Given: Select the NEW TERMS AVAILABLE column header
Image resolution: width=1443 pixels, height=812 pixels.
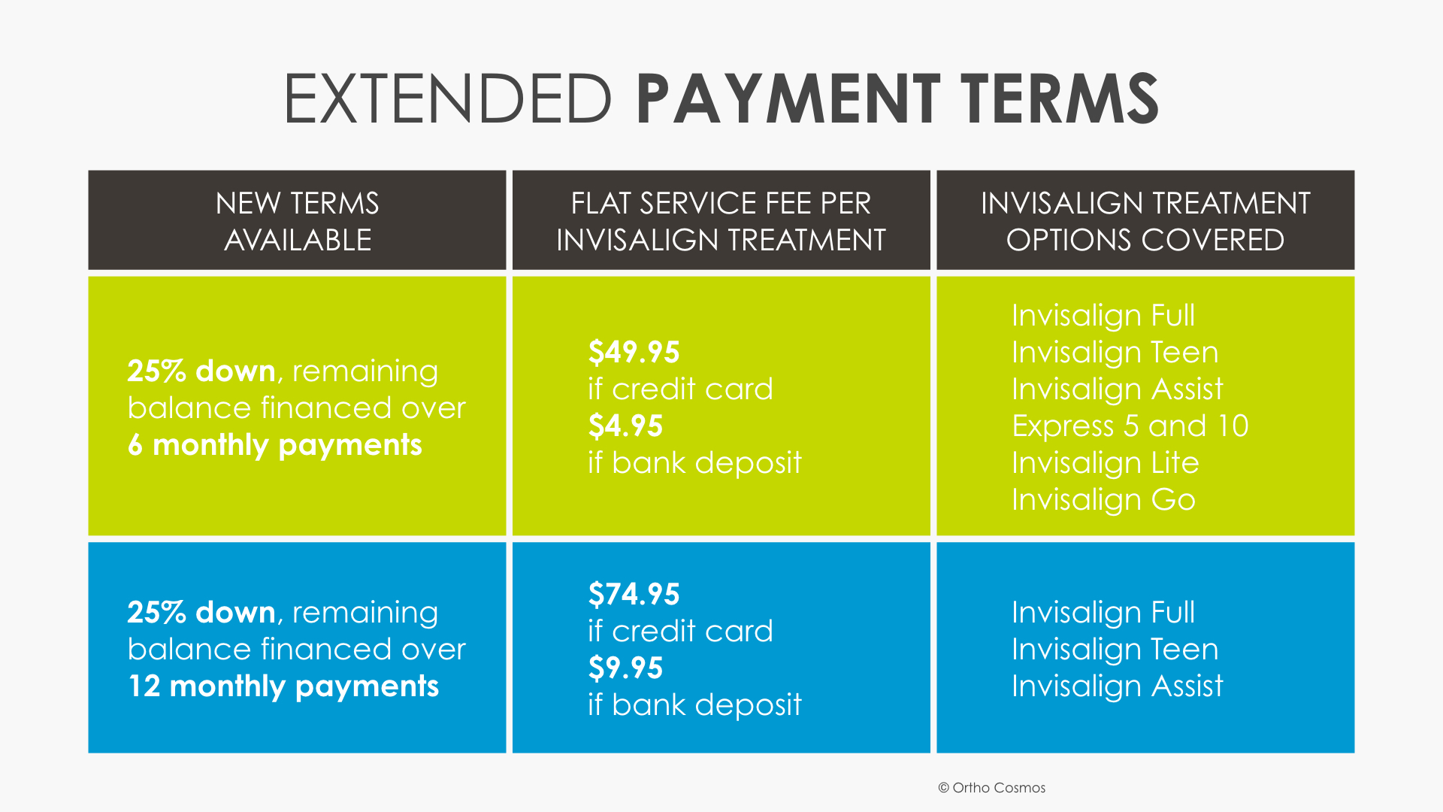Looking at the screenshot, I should [297, 221].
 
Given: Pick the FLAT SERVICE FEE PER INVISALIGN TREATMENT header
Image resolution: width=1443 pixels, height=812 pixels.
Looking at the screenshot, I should [721, 221].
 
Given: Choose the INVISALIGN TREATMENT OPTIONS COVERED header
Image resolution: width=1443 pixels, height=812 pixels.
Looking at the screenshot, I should [1145, 221].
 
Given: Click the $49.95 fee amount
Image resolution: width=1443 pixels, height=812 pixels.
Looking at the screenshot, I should [634, 352].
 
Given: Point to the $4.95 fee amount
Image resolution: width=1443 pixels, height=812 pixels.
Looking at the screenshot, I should [625, 426].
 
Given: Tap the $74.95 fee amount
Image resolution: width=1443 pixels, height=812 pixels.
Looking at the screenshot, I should [634, 594].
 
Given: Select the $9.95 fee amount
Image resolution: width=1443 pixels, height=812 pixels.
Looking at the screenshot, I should [625, 668].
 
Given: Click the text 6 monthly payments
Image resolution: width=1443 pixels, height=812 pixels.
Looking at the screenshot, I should [275, 445].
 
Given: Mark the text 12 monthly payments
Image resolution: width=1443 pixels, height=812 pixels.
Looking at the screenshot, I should [283, 686].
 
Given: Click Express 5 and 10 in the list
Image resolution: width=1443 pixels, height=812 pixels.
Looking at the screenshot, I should [1130, 426].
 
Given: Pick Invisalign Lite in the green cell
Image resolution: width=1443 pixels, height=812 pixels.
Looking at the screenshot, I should [1105, 463].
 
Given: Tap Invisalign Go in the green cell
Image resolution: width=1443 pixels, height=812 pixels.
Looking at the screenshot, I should [1103, 500].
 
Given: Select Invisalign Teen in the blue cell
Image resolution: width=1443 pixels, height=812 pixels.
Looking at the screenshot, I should [1115, 650].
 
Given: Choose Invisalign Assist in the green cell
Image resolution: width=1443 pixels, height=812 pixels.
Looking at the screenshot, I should [1117, 389].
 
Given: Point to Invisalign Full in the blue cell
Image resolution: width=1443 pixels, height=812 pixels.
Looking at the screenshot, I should [1103, 613].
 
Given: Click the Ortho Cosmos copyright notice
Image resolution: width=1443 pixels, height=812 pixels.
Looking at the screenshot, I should [991, 788].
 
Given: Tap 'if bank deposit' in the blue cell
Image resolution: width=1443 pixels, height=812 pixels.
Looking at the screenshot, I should [694, 705].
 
